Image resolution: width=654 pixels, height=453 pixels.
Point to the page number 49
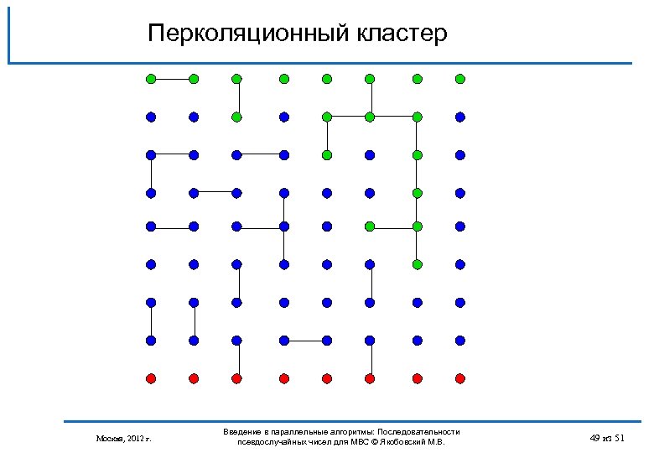click(595, 438)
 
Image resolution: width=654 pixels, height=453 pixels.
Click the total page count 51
click(620, 438)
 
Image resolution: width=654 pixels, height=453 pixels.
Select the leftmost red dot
click(150, 378)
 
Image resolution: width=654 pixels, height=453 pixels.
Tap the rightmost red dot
click(460, 378)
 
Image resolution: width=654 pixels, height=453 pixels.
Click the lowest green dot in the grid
click(417, 264)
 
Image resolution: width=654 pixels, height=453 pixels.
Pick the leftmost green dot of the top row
click(150, 79)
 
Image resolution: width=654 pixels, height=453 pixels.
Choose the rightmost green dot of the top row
click(460, 79)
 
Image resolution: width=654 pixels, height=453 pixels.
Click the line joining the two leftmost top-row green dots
click(172, 79)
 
